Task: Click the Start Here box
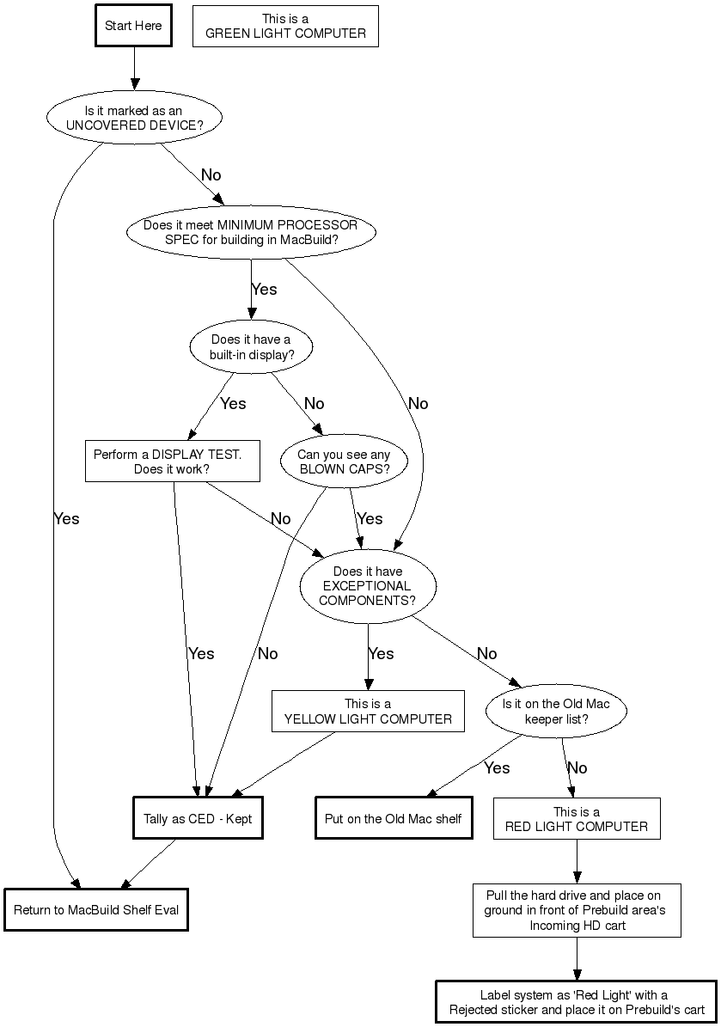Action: tap(133, 26)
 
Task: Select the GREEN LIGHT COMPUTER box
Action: tap(285, 27)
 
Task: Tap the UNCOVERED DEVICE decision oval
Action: tap(133, 118)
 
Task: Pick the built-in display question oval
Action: tap(251, 347)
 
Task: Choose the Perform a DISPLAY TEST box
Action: tap(172, 462)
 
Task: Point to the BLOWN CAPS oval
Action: tap(344, 462)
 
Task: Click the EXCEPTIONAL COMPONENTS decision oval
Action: tap(368, 586)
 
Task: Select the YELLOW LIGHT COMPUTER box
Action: tap(368, 711)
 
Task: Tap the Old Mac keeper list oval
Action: tap(556, 711)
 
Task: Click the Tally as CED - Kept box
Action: tap(198, 819)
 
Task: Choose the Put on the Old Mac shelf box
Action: tap(394, 819)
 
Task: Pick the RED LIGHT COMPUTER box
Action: tap(577, 819)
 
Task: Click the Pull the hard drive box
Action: tap(577, 910)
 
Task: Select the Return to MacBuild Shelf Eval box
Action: tap(96, 910)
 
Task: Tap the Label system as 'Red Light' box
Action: tap(576, 1002)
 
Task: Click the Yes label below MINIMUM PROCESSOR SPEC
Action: tap(264, 290)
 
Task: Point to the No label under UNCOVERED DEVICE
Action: tap(211, 175)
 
